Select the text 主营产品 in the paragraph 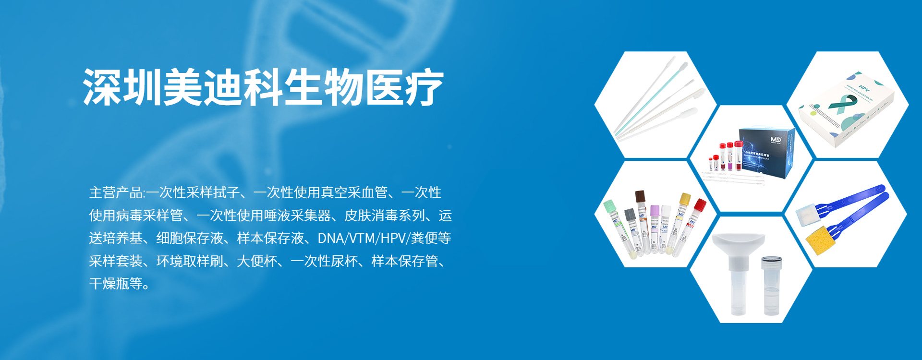(116, 193)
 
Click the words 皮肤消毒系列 (384, 216)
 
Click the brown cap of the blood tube (640, 196)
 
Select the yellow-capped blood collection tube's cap (685, 199)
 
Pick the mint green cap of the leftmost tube (610, 206)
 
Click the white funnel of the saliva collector (738, 244)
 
